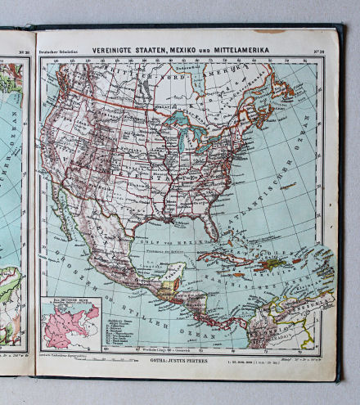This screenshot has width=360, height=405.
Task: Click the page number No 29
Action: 318,51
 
